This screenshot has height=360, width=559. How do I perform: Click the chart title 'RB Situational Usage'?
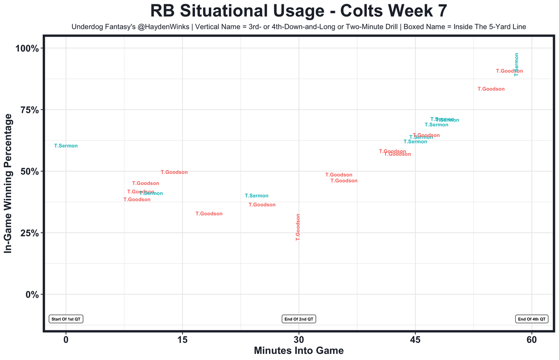(298, 11)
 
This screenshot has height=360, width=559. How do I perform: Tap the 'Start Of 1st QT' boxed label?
(66, 319)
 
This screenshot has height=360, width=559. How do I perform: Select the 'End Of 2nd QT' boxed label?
(299, 319)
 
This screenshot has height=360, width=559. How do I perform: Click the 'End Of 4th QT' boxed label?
(531, 319)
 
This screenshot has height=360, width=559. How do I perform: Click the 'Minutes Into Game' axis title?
(299, 351)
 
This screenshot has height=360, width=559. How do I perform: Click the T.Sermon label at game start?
(66, 146)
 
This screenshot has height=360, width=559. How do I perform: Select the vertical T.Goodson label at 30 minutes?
(298, 227)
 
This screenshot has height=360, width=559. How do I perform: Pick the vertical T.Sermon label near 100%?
(517, 65)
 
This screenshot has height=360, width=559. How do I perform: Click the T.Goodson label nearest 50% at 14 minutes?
(174, 172)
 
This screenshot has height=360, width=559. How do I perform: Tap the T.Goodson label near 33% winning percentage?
(209, 214)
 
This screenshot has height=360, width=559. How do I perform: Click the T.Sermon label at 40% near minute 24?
(256, 196)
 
